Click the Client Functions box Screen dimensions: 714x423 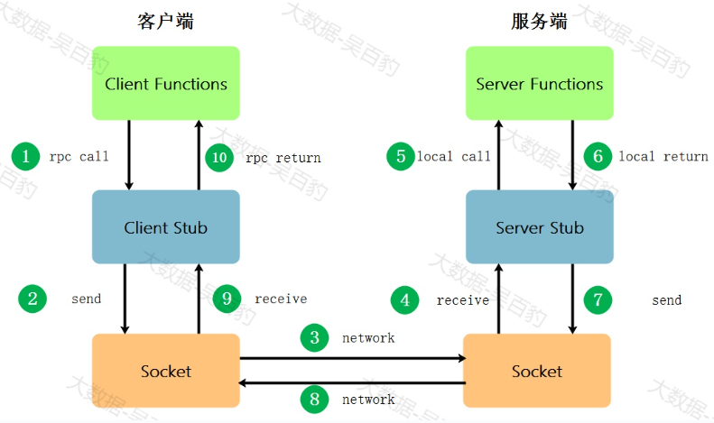[166, 83]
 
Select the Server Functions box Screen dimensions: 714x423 [540, 83]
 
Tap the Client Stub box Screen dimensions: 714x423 [166, 227]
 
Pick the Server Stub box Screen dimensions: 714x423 [540, 227]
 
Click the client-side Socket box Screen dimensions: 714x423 [166, 371]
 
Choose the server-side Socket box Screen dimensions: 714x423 [537, 371]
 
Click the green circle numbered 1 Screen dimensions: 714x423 [25, 156]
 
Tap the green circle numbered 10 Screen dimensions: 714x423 [219, 157]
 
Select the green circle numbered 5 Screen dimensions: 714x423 [401, 156]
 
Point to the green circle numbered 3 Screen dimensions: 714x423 [315, 337]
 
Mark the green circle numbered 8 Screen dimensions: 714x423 [315, 400]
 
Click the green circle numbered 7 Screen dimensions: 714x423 [598, 299]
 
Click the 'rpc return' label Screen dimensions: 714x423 [283, 158]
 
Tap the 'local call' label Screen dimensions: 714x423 [454, 156]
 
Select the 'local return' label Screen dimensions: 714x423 [663, 156]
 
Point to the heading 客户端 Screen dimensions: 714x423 [166, 22]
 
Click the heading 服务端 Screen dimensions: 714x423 [539, 22]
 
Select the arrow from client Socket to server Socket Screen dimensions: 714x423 [353, 358]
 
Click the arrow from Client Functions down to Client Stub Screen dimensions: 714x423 [129, 155]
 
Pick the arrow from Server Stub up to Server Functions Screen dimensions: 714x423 [498, 155]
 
